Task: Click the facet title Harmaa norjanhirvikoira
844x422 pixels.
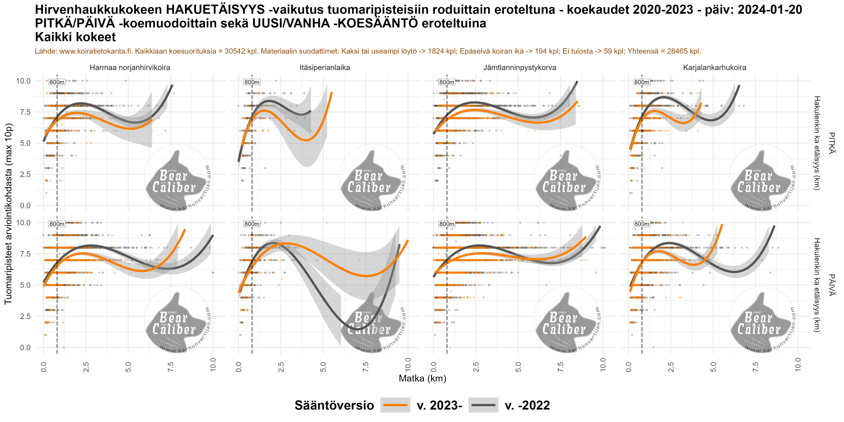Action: click(x=130, y=68)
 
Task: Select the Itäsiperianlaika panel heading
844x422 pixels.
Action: click(x=325, y=68)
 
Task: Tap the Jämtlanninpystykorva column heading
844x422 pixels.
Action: click(x=520, y=68)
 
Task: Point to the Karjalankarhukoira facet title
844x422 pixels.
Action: click(x=715, y=68)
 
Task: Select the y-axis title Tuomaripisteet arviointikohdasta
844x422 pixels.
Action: click(x=8, y=214)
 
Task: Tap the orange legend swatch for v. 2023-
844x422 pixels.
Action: click(x=395, y=405)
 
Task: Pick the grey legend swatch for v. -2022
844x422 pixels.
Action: click(x=483, y=405)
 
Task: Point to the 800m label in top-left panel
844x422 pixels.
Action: click(x=57, y=82)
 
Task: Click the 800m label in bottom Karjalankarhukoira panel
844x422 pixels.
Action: click(x=641, y=224)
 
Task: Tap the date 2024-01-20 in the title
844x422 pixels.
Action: click(x=770, y=10)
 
